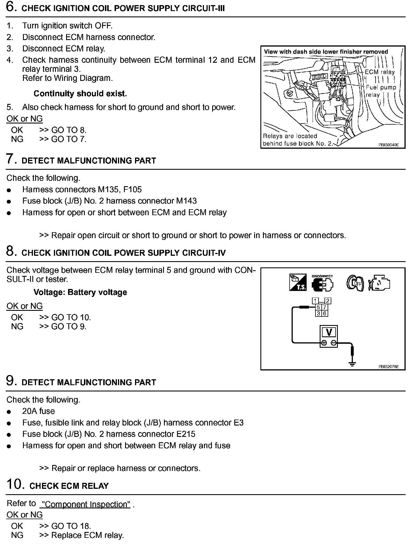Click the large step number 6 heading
(10, 7)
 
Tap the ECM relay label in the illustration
(380, 72)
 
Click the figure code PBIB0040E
(388, 145)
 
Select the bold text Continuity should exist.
(80, 94)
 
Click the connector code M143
(186, 201)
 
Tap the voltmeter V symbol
(329, 332)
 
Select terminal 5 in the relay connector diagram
(318, 307)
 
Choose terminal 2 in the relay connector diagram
(328, 301)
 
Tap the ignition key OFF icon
(355, 283)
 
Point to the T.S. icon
(298, 283)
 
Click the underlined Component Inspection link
(85, 504)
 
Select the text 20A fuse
(39, 411)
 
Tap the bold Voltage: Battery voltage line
(80, 292)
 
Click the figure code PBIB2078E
(388, 366)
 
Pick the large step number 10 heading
(14, 485)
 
